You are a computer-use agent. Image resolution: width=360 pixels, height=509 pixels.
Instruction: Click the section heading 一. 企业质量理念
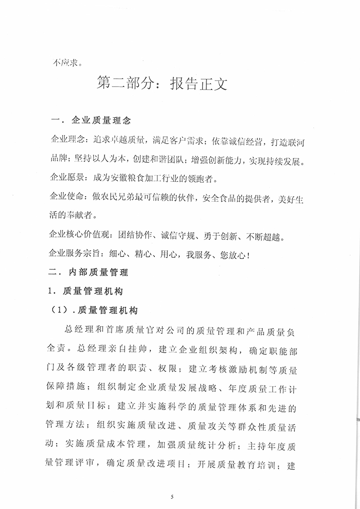(92, 121)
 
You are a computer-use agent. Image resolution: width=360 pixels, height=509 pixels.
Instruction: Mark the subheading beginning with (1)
(95, 311)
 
